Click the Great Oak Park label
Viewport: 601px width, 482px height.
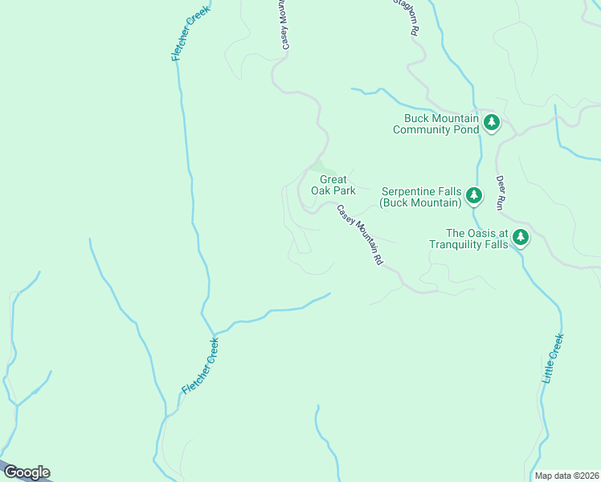tap(333, 185)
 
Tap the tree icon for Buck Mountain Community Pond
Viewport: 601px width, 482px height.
tap(492, 123)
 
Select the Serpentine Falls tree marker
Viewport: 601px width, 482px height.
tap(474, 195)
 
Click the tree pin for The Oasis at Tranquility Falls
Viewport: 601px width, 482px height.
tap(521, 237)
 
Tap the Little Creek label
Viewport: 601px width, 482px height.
tap(554, 357)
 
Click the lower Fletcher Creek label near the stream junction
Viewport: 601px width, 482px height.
tap(200, 366)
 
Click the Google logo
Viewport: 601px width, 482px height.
tap(27, 472)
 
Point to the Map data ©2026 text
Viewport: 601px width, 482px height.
tap(566, 476)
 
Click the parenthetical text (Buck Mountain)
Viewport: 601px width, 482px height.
tap(420, 202)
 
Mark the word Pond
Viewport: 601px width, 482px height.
tap(468, 129)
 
